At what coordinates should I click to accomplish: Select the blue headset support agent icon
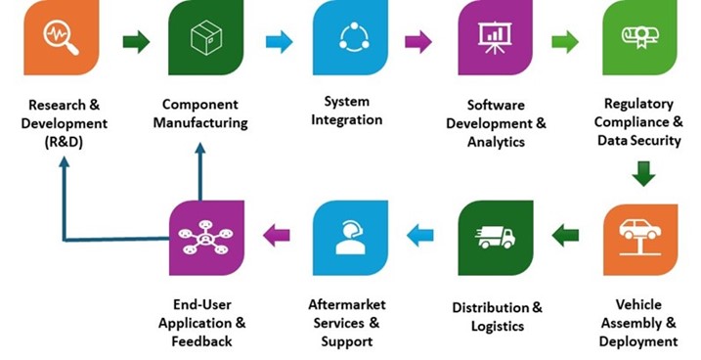[x=350, y=237]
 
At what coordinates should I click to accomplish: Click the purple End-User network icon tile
[x=205, y=237]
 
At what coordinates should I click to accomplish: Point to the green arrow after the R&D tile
[x=136, y=41]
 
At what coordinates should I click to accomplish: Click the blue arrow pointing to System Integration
[x=279, y=41]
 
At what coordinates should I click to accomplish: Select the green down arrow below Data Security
[x=641, y=174]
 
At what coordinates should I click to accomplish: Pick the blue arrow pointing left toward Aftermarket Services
[x=421, y=234]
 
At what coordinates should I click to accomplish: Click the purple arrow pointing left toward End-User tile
[x=277, y=234]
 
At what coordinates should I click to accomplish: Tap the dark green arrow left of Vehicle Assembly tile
[x=565, y=234]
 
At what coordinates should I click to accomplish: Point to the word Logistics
[x=495, y=327]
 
